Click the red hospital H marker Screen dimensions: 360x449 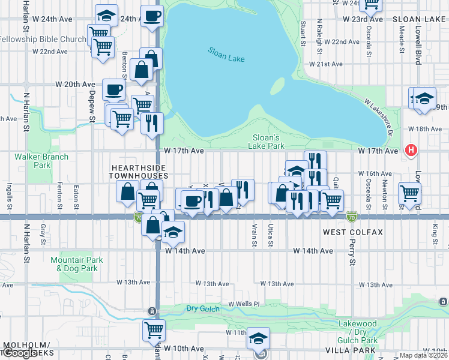point(411,150)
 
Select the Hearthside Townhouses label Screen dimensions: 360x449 point(138,171)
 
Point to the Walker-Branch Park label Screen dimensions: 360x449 point(42,161)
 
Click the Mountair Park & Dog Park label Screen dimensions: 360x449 point(77,265)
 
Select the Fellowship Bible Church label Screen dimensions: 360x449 point(43,40)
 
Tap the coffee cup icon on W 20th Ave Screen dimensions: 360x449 point(113,91)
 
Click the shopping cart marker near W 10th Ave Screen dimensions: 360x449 point(154,330)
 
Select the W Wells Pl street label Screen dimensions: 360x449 point(243,304)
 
